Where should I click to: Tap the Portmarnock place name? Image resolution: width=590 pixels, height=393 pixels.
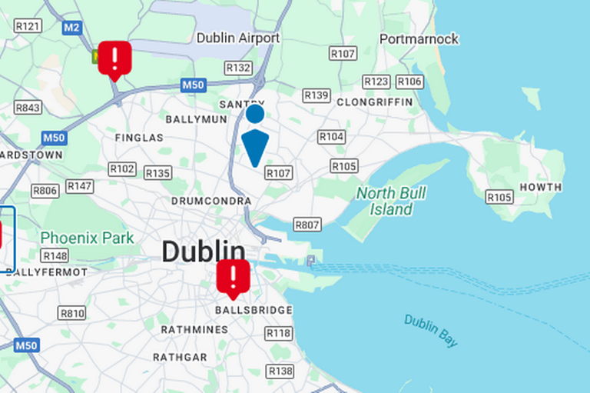click(419, 38)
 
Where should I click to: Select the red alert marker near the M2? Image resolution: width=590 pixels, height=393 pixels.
click(114, 58)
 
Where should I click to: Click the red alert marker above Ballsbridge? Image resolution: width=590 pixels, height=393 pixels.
click(233, 278)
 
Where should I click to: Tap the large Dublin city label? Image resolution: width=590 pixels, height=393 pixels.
click(203, 251)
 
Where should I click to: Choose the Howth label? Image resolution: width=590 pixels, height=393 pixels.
click(540, 187)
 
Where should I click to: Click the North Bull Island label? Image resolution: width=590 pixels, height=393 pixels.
click(391, 201)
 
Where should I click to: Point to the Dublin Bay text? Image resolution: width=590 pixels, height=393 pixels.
click(431, 330)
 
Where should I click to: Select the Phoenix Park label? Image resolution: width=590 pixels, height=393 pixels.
click(87, 238)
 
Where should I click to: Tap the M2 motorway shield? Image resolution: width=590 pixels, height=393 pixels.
click(72, 28)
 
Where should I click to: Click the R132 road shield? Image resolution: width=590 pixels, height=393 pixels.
click(239, 68)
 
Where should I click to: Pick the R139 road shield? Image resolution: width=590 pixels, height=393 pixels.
click(316, 95)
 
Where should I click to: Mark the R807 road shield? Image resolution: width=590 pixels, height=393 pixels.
click(307, 225)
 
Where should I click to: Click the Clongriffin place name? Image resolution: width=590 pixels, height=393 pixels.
click(374, 102)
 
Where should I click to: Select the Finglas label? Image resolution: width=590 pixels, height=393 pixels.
click(139, 138)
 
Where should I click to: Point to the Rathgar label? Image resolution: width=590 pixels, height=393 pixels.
click(180, 358)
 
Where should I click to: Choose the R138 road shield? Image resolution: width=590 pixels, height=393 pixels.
click(280, 371)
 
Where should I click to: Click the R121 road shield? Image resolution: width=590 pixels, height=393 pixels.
click(28, 26)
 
